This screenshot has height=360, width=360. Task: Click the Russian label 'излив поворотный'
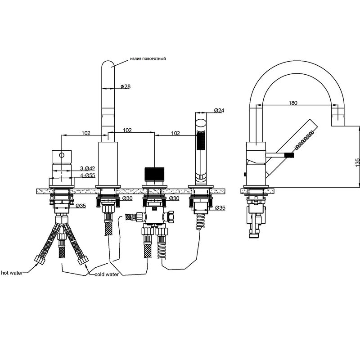pos(148,59)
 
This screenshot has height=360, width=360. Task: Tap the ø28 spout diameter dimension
pos(126,86)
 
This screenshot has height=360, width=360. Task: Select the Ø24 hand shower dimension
pos(219,110)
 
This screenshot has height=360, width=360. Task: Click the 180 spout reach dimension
pos(293,103)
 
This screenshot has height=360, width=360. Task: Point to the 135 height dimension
pos(357,162)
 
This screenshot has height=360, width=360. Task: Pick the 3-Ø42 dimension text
pos(87,168)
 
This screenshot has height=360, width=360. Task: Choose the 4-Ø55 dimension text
pos(87,175)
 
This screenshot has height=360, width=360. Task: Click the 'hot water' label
pos(12,273)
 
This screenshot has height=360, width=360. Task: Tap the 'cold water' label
pos(107,274)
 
